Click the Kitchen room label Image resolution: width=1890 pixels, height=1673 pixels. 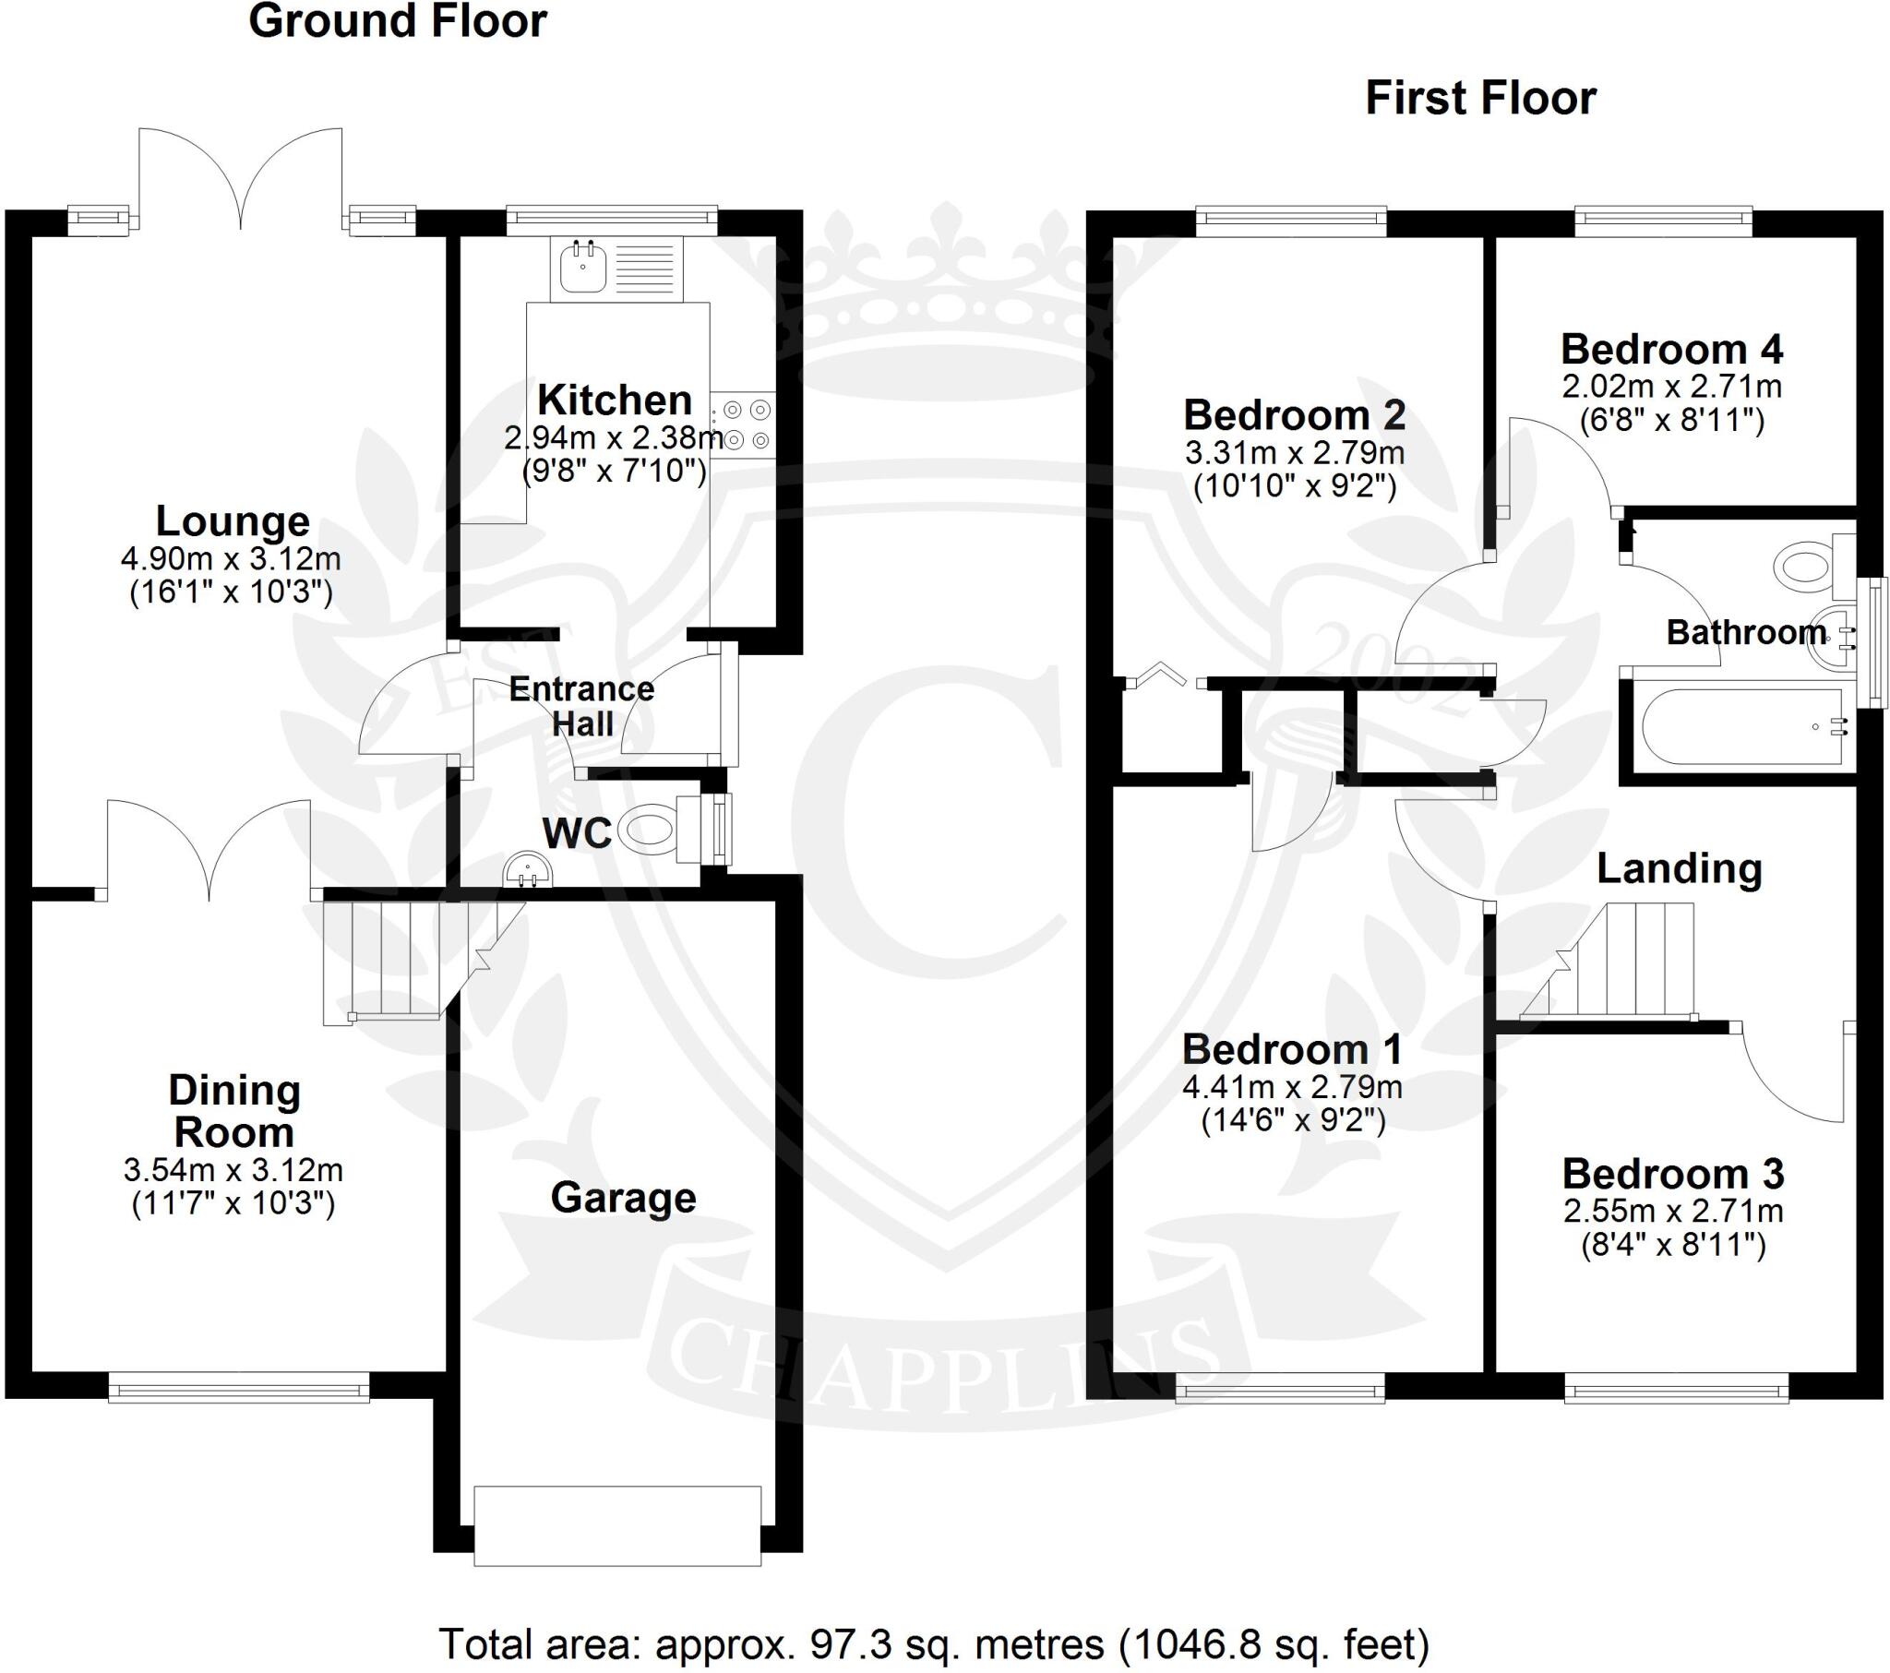point(615,400)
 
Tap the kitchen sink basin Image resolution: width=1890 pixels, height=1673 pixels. point(582,268)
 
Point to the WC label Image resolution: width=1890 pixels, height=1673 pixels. point(577,834)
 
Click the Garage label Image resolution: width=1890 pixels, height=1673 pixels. point(623,1198)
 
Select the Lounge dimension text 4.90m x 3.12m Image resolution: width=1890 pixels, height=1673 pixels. point(231,558)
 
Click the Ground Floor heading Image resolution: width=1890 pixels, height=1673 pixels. point(398,21)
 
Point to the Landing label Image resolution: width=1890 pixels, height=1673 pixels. point(1680,868)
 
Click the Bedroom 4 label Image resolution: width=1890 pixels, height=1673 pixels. point(1672,350)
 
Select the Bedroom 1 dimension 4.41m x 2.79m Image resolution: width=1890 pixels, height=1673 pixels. point(1292,1087)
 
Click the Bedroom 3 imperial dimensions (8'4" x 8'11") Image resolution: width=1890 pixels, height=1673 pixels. point(1673,1245)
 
